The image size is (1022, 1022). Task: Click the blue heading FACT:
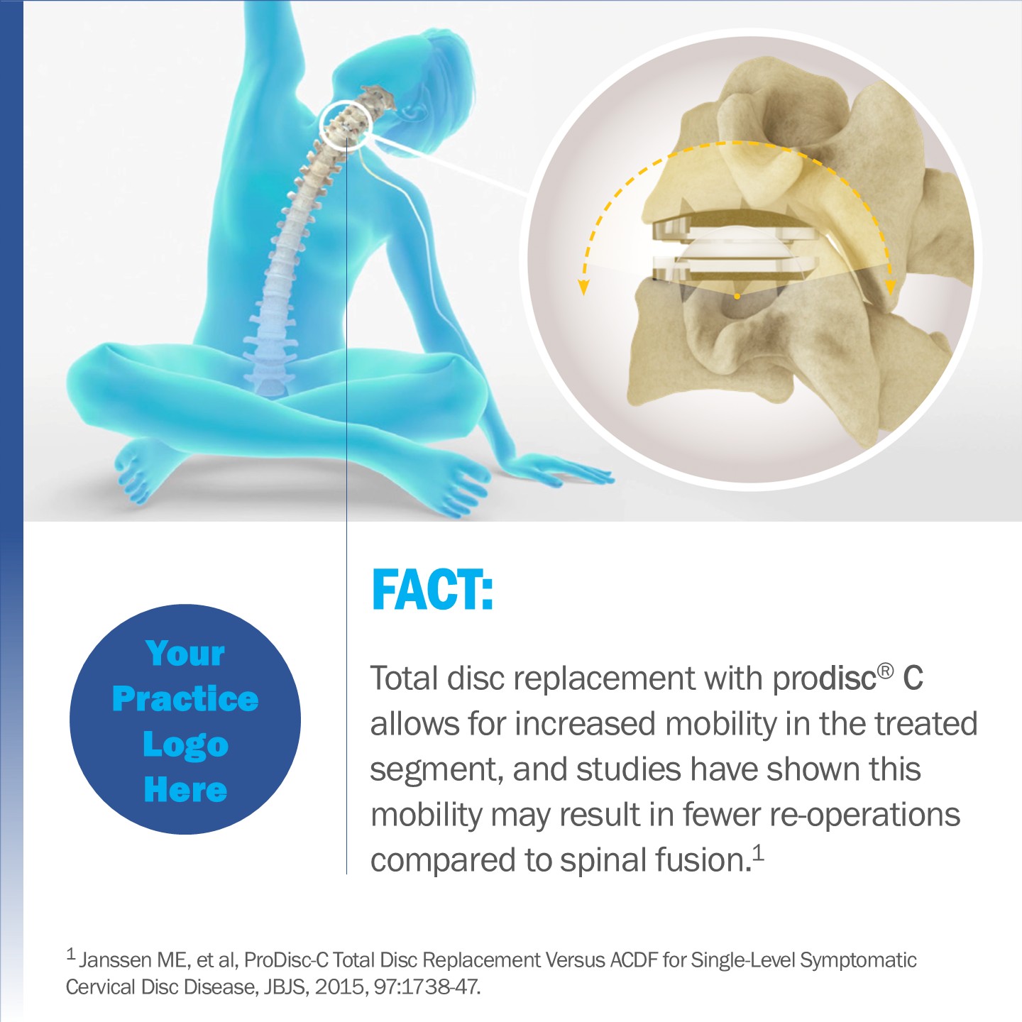point(433,590)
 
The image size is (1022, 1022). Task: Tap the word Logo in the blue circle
point(186,745)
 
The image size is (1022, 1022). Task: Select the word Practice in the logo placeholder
point(185,698)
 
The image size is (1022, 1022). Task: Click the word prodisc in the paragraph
point(824,680)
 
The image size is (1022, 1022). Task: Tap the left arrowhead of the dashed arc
point(583,287)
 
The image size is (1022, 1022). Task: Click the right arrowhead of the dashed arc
point(891,287)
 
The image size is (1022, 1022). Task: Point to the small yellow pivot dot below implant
point(737,297)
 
